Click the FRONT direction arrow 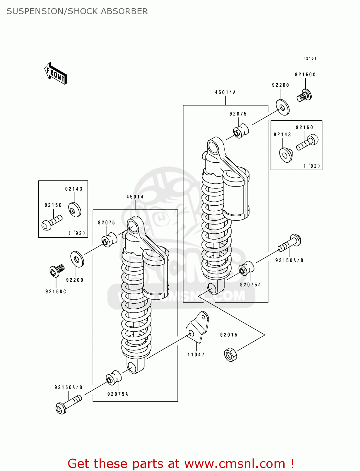click(x=56, y=73)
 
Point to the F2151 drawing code click(x=310, y=58)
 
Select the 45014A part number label click(x=225, y=92)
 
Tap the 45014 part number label click(x=135, y=197)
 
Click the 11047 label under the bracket click(x=196, y=355)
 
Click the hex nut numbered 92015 click(x=231, y=355)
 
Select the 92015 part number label click(x=229, y=335)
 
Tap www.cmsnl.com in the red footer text click(x=235, y=464)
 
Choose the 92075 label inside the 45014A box click(x=238, y=114)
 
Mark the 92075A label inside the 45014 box click(x=118, y=394)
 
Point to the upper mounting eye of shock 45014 click(x=133, y=227)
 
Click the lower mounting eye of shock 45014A click(x=213, y=288)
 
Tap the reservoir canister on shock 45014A click(x=236, y=195)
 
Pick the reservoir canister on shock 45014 click(x=155, y=273)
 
